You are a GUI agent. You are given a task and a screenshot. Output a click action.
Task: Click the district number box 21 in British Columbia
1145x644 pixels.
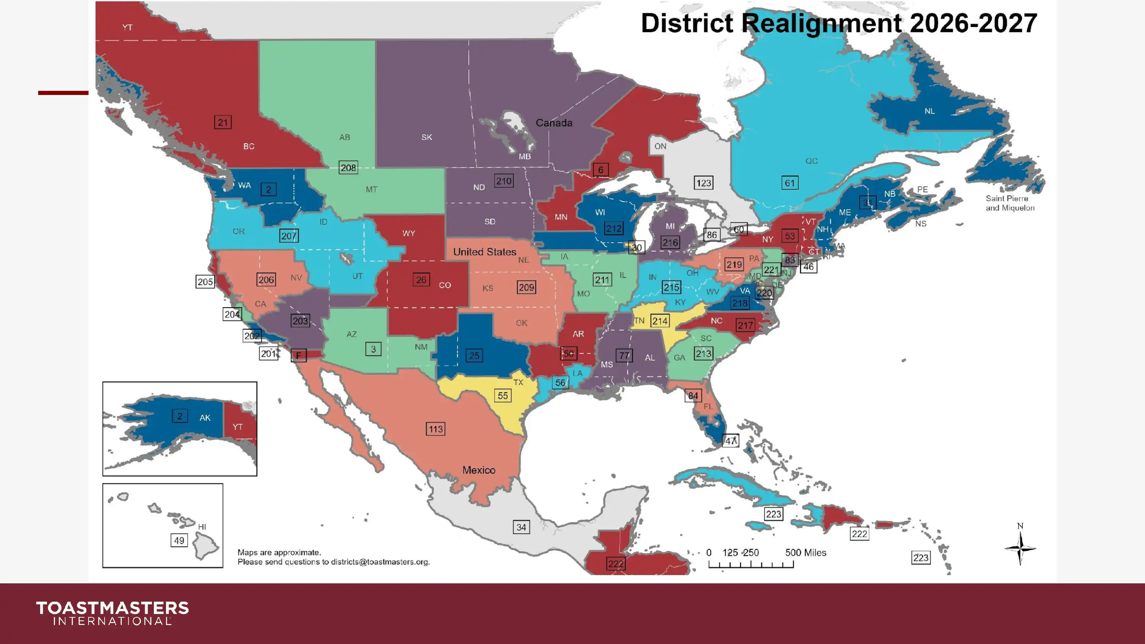click(223, 122)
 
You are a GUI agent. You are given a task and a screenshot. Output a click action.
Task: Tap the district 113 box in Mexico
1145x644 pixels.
click(435, 429)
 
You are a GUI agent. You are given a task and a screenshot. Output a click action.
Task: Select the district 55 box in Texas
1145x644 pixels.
click(502, 396)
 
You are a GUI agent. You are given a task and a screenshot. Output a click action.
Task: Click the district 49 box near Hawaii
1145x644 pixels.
click(179, 541)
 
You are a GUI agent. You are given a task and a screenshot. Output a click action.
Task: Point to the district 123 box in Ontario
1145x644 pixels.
click(703, 183)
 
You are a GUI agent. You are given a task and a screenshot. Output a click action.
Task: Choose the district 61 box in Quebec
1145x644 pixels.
click(789, 183)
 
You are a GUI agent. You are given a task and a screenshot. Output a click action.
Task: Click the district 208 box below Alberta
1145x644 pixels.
click(348, 167)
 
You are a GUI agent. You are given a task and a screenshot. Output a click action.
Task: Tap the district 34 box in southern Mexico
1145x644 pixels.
click(521, 527)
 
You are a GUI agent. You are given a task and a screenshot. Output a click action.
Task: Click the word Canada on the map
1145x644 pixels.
click(554, 123)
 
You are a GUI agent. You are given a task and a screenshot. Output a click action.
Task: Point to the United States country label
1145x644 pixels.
click(484, 251)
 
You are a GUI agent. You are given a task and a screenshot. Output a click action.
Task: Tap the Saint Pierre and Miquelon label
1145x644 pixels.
click(1010, 203)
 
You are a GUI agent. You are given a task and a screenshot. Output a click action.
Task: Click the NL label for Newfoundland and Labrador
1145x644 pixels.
click(929, 111)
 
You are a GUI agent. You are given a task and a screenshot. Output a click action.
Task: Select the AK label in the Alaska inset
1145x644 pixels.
click(205, 418)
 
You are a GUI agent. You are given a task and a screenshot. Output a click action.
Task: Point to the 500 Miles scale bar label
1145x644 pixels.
click(805, 552)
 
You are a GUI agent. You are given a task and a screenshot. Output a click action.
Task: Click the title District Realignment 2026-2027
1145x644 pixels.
click(839, 23)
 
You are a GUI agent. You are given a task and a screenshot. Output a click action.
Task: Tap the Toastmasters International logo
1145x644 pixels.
click(113, 613)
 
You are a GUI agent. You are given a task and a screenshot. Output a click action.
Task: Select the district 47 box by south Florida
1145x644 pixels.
click(730, 441)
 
